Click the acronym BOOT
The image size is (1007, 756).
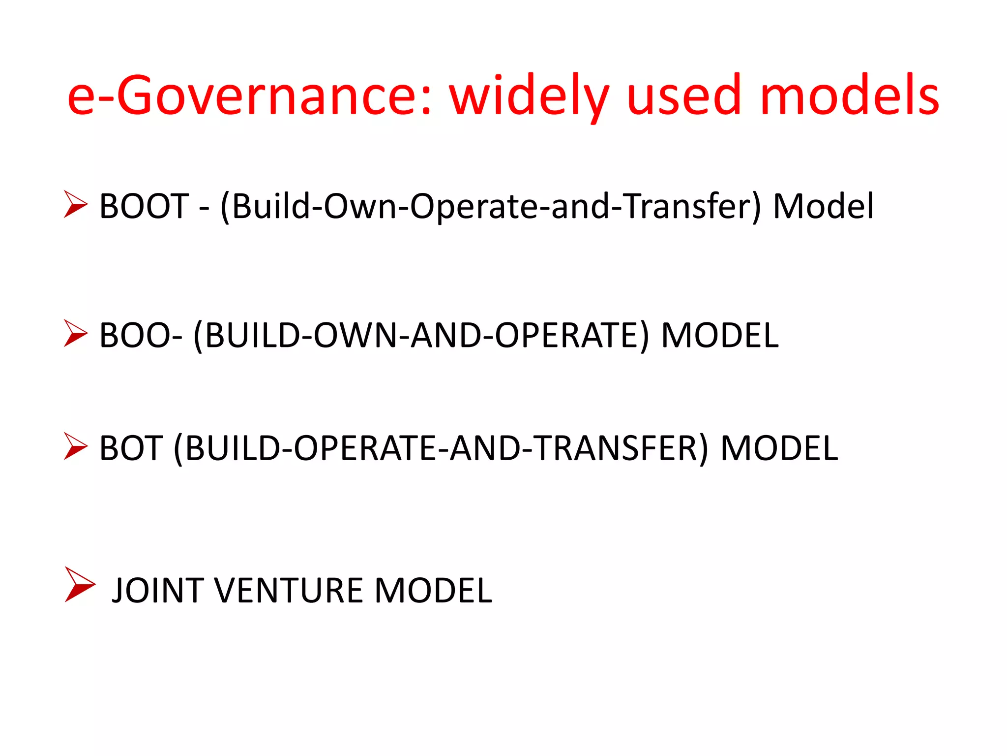coord(144,206)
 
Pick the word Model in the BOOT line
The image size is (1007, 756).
coord(824,206)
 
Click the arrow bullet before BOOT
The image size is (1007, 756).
coord(76,204)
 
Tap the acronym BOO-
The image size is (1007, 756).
coord(141,335)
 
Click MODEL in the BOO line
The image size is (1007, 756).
coord(720,335)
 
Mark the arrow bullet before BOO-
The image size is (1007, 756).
coord(76,333)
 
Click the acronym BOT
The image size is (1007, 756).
coord(131,448)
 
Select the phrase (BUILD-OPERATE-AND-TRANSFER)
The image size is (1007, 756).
coord(441,448)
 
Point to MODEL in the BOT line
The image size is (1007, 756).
coord(779,448)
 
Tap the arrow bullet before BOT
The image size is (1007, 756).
coord(76,446)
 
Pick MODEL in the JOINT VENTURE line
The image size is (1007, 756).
coord(433,590)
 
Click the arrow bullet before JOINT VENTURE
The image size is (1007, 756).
coord(79,585)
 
